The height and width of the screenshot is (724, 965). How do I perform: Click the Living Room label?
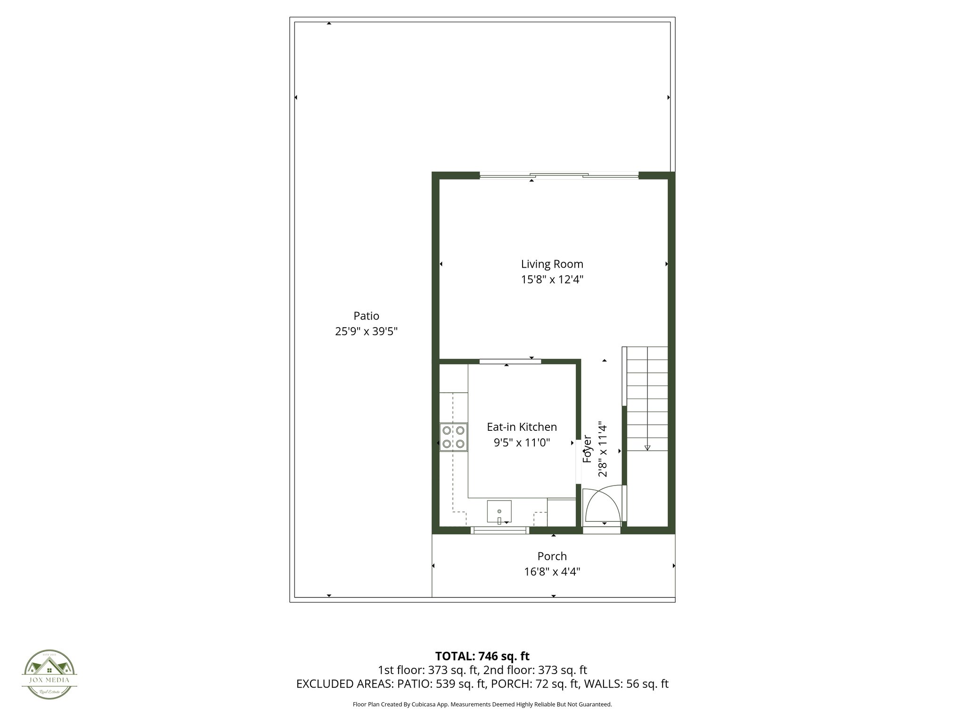click(552, 264)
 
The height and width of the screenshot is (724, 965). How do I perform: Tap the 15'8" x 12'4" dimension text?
click(552, 280)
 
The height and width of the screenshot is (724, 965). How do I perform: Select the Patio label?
click(366, 316)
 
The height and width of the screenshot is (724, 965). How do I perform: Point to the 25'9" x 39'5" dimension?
click(366, 331)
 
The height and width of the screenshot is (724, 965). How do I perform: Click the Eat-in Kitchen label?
click(522, 427)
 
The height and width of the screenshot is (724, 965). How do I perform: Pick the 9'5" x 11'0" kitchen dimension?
click(522, 443)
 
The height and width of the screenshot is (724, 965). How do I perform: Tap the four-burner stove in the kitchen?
click(453, 437)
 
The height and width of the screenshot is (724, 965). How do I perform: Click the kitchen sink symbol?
click(499, 512)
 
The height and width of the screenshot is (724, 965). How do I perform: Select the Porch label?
click(552, 556)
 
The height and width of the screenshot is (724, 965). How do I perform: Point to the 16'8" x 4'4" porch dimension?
click(552, 572)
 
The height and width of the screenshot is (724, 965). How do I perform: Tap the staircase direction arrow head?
click(647, 448)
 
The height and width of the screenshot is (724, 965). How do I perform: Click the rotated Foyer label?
click(587, 449)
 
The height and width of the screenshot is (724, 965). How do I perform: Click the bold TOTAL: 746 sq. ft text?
click(482, 656)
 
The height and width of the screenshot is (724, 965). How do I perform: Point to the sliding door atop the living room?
click(559, 176)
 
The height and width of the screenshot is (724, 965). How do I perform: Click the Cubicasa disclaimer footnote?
click(482, 705)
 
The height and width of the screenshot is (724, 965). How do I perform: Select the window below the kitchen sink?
click(499, 530)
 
